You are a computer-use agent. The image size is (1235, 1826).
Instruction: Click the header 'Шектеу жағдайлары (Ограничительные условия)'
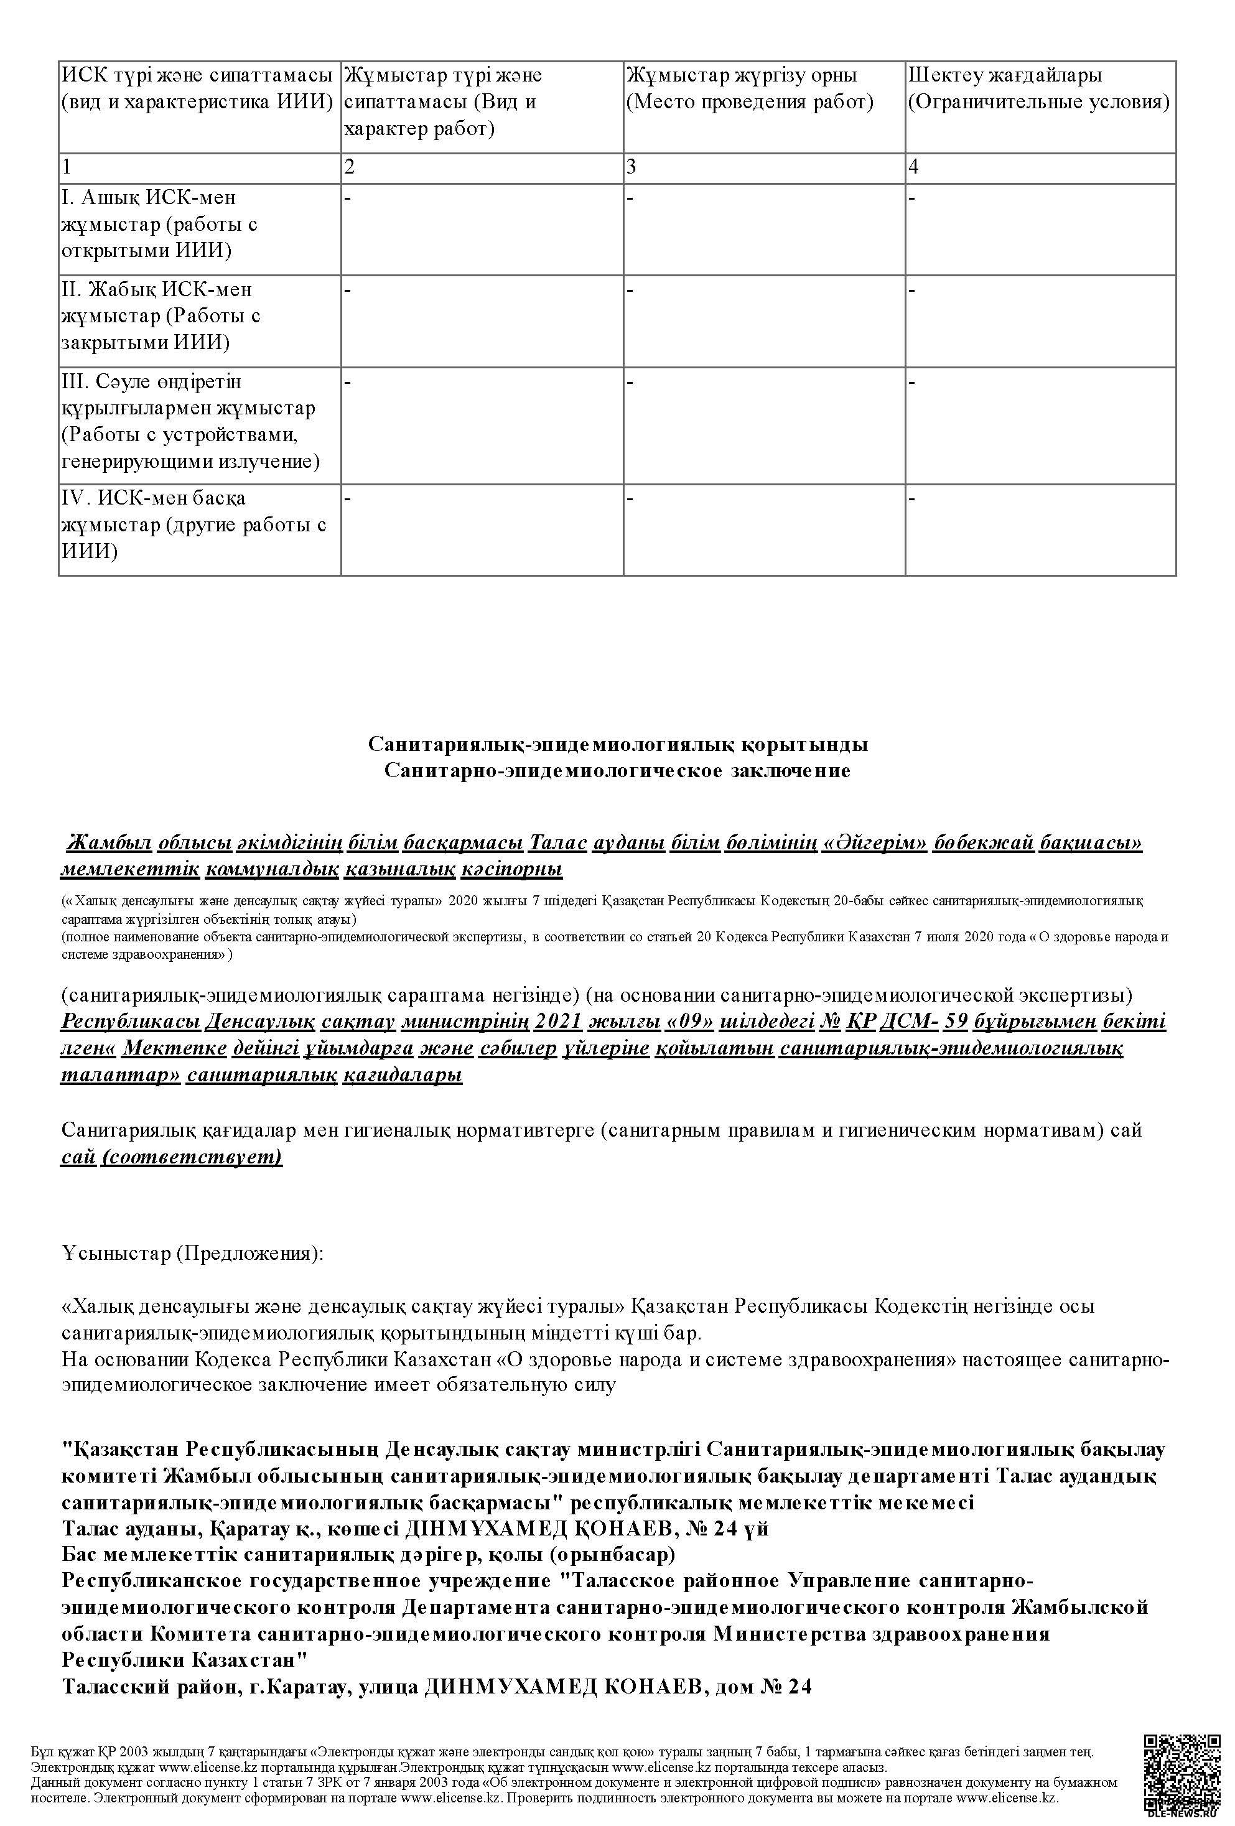coord(1038,89)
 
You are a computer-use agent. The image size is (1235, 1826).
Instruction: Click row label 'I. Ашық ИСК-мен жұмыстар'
coord(159,224)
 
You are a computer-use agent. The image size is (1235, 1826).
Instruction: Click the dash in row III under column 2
coord(348,383)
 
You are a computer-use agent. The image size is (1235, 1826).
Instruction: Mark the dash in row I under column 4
coord(912,198)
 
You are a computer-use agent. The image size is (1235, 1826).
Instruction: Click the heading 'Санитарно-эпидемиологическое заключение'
coord(617,771)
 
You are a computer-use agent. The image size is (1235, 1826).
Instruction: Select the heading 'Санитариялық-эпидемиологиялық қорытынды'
coord(617,744)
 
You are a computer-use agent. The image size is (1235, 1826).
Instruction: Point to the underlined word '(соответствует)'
coord(191,1157)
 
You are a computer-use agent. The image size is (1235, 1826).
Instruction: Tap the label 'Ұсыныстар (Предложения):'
coord(192,1252)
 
